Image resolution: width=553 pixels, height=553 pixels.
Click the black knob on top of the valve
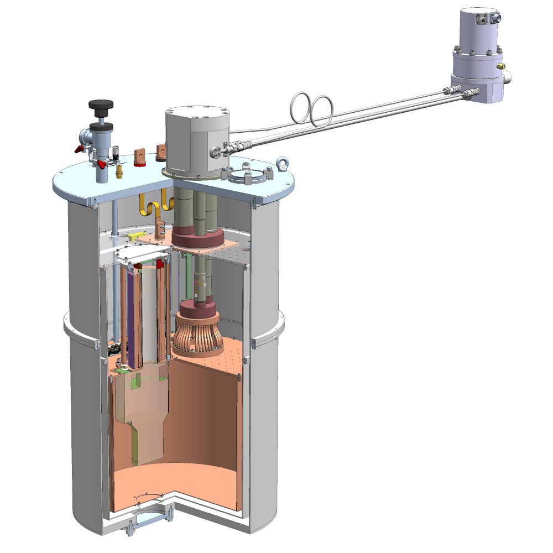[x=101, y=105]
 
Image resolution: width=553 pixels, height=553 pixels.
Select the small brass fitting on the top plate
[x=117, y=173]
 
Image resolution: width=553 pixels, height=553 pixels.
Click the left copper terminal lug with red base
[x=139, y=156]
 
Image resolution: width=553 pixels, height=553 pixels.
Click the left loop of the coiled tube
[x=302, y=107]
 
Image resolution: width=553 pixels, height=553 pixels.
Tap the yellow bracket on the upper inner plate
[x=134, y=236]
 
